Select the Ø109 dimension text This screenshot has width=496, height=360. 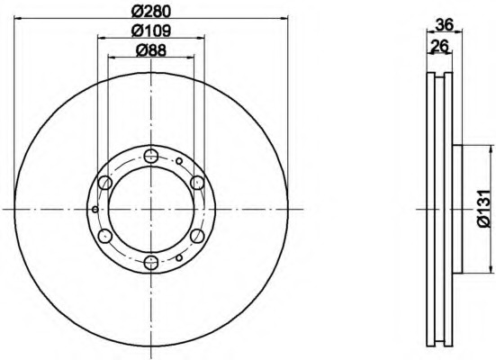tap(151, 31)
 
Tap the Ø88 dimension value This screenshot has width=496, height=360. tap(151, 50)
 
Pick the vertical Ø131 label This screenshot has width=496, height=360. tap(483, 209)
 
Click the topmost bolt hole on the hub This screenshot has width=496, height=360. tap(151, 155)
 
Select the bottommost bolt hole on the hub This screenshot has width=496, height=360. tap(151, 263)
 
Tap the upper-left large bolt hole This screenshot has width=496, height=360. tap(104, 183)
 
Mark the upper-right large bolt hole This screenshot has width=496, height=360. tap(198, 183)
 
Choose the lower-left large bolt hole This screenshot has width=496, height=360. tap(104, 236)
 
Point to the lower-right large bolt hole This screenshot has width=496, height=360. tap(198, 236)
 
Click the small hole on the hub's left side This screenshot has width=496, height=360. tap(94, 209)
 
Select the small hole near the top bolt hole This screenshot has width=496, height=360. tap(180, 160)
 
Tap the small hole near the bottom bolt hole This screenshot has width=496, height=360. tap(180, 257)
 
